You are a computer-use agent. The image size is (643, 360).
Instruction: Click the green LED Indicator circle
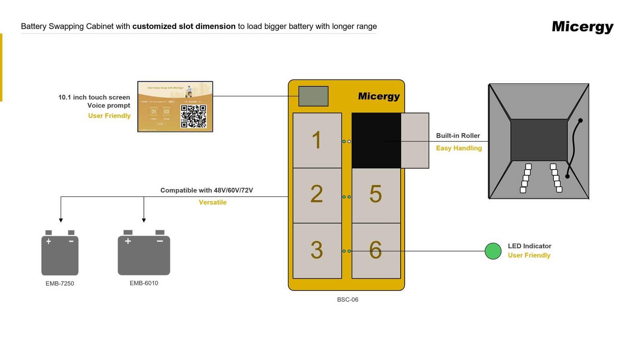493,251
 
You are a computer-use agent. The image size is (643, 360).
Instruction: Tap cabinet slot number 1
317,140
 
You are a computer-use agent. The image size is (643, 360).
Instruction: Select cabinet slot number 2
317,195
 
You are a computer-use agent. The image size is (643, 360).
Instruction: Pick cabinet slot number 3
317,251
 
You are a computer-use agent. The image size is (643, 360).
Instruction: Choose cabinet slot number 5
376,195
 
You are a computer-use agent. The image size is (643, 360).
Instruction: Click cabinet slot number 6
376,251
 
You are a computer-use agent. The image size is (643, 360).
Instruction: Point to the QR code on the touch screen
193,116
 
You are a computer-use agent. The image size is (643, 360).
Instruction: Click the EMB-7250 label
60,284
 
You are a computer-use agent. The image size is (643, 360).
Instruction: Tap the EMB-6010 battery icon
144,255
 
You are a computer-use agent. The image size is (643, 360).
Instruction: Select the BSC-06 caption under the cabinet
348,300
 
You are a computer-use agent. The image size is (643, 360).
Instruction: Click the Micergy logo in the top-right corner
582,27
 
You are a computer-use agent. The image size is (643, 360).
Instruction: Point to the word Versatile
213,202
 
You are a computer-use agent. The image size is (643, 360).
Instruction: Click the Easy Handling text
459,148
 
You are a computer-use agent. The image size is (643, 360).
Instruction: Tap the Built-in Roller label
458,136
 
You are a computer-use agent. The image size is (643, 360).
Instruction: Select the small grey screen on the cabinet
313,96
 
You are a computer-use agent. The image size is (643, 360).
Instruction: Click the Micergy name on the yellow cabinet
379,96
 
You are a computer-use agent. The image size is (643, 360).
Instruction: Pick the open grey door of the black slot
415,140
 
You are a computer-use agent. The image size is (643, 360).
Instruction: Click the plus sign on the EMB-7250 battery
49,241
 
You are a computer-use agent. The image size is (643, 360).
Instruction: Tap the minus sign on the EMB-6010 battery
160,241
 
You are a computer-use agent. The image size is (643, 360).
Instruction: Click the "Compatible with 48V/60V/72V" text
207,190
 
